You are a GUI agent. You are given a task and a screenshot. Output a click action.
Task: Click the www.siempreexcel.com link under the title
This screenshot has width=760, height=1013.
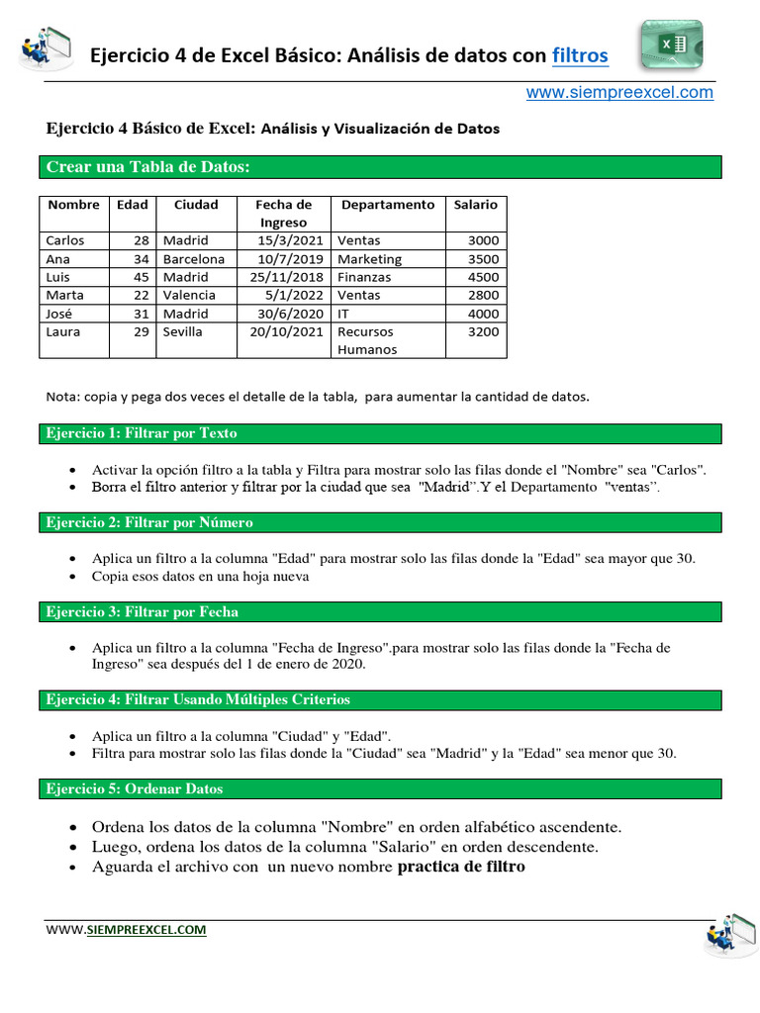[x=618, y=92]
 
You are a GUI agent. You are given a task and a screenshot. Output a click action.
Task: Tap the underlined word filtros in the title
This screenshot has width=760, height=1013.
[x=580, y=56]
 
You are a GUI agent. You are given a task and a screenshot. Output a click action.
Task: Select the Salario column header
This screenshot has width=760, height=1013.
[x=475, y=205]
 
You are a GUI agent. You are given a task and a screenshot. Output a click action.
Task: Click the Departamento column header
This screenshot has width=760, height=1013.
[x=387, y=205]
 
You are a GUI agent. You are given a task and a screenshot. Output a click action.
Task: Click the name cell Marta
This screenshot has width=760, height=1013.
[x=65, y=295]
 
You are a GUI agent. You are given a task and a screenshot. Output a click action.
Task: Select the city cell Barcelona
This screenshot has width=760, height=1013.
[x=194, y=259]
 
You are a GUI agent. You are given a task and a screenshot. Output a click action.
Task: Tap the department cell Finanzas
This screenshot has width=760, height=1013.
[x=364, y=277]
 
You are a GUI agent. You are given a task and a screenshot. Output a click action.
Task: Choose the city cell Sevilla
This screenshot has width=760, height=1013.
[x=183, y=331]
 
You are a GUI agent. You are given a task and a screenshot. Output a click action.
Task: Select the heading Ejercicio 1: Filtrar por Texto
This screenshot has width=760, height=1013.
[x=142, y=433]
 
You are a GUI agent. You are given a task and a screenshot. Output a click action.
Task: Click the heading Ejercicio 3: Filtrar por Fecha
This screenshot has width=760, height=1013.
[x=142, y=611]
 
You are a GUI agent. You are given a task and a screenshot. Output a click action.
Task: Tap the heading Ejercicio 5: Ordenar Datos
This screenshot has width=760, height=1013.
[x=135, y=788]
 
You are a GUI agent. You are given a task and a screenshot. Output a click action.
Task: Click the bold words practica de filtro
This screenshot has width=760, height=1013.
[x=461, y=868]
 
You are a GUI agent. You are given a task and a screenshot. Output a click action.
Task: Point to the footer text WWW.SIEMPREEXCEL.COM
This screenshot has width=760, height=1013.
[x=126, y=930]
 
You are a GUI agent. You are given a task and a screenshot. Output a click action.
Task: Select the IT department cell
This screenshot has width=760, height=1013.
[x=344, y=314]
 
